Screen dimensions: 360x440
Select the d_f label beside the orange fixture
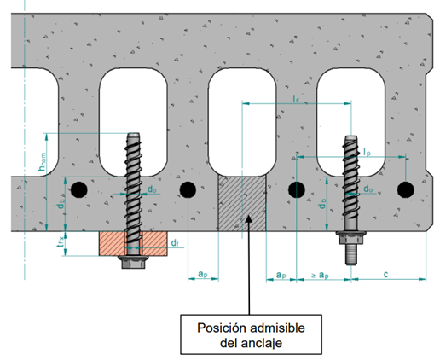click(x=175, y=244)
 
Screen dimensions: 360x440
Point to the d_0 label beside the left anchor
click(x=151, y=188)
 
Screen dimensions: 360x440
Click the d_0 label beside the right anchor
click(x=368, y=189)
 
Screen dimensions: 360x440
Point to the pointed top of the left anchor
click(x=133, y=135)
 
